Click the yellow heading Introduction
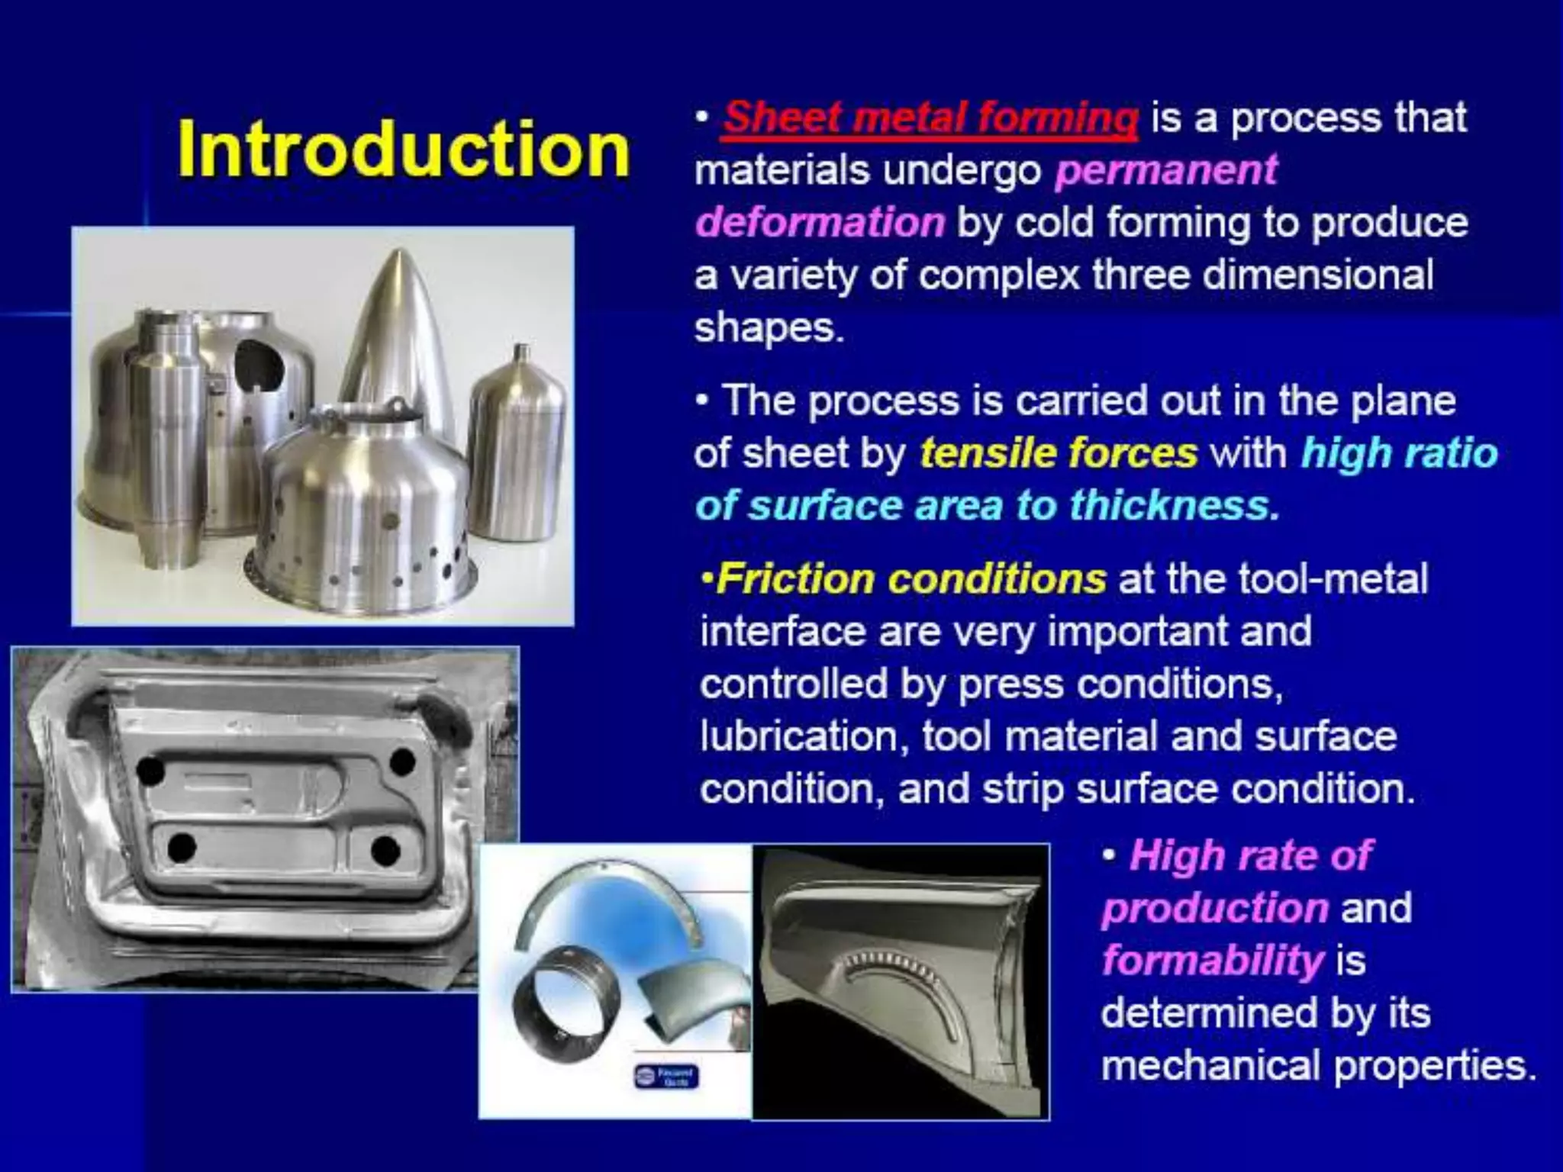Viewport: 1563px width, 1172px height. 403,149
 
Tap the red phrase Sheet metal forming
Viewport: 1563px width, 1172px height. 930,118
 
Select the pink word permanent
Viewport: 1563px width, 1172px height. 1165,170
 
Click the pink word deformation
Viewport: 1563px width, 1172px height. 820,223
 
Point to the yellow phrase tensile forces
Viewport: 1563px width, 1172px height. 1059,453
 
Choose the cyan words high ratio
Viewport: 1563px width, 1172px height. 1399,453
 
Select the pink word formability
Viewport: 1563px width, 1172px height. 1212,960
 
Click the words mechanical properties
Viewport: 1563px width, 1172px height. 1318,1065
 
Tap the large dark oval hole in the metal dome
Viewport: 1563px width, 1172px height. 259,365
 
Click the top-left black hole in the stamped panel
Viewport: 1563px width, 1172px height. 150,771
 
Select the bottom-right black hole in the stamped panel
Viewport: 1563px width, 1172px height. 386,851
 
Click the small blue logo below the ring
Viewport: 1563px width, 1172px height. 666,1077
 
